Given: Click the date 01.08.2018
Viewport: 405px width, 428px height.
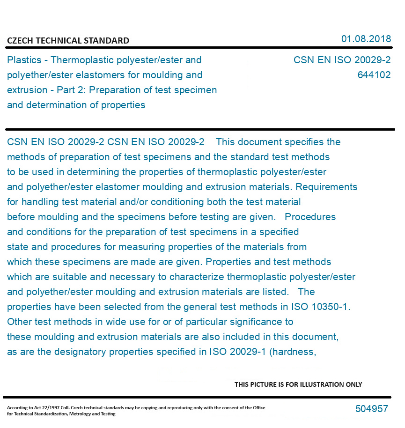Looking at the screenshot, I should (x=366, y=39).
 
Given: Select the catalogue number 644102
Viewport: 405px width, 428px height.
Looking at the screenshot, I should (x=374, y=75).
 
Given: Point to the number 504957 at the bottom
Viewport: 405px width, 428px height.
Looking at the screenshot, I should (x=371, y=409).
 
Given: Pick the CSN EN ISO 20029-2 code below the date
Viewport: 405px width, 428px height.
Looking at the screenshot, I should (x=342, y=60).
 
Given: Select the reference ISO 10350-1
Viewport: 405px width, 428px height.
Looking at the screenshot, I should (x=323, y=307).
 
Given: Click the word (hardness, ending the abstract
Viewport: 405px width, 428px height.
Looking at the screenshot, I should (x=293, y=352).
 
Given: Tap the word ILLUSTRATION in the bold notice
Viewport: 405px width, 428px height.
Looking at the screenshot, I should (x=311, y=384).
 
